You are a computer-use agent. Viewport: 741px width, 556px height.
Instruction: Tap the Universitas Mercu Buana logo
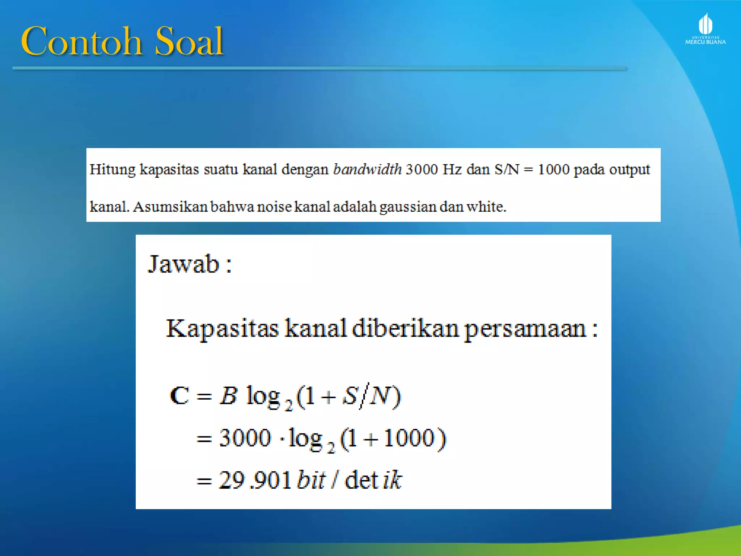click(x=705, y=29)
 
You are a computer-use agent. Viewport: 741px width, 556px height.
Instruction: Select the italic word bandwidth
click(x=367, y=169)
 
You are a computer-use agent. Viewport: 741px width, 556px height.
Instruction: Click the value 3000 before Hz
click(x=422, y=169)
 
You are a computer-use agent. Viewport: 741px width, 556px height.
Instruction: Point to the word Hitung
click(x=112, y=169)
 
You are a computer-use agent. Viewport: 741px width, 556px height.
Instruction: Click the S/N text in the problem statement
click(x=507, y=169)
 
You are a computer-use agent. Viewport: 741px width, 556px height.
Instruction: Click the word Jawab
click(x=184, y=264)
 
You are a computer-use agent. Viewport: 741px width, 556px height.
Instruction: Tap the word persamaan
click(x=525, y=329)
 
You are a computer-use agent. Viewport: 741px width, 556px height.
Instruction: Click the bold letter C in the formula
click(x=179, y=395)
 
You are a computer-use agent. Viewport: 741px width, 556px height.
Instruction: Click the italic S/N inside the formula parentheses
click(x=367, y=395)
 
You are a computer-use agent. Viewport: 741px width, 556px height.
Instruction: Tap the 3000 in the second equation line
click(x=245, y=438)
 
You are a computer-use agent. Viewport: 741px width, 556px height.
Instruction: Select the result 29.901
click(x=255, y=480)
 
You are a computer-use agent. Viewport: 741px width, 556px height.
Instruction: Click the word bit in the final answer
click(x=311, y=480)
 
